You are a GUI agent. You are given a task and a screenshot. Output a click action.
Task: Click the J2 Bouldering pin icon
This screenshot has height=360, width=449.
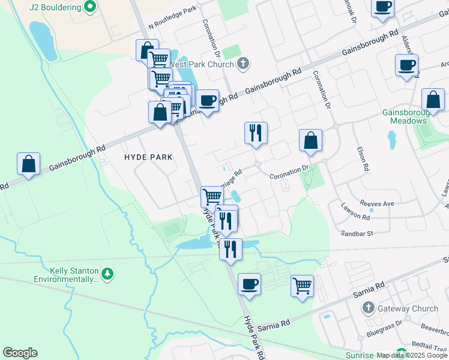90,7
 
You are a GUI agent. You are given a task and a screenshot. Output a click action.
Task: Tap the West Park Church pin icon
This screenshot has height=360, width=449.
243,63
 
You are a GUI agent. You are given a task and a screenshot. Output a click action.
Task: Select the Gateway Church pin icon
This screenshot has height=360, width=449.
369,308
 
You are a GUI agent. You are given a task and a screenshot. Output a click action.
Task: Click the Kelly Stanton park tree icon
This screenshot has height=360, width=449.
107,274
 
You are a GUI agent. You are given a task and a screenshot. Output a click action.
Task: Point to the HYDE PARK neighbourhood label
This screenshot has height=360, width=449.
148,157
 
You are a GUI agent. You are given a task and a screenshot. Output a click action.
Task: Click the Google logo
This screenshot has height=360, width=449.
20,353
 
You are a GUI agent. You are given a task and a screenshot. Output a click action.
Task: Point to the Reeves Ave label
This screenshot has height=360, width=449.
376,204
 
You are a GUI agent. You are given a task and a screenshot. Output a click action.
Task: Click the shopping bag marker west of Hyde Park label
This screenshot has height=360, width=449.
29,164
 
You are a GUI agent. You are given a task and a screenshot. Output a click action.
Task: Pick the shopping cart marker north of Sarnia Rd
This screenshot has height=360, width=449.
302,285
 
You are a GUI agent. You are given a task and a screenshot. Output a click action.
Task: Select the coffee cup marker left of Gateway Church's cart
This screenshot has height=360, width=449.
249,284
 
